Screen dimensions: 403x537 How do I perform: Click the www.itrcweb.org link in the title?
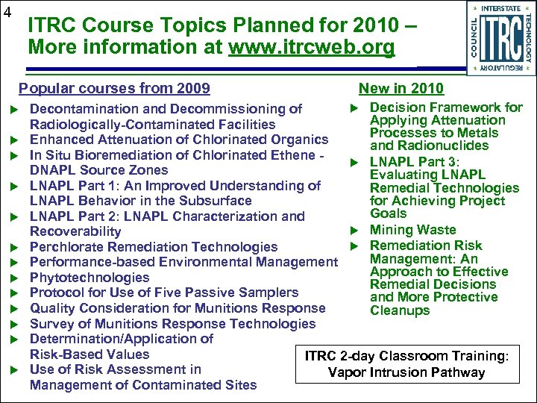point(312,46)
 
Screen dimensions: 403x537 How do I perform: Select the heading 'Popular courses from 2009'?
point(114,89)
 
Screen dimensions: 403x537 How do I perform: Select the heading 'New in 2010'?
point(401,89)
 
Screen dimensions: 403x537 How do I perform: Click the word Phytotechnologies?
point(89,278)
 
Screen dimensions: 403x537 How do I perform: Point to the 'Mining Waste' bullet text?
point(412,230)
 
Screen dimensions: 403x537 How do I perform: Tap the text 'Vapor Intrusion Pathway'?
point(406,372)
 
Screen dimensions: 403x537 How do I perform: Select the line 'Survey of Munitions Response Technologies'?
point(172,324)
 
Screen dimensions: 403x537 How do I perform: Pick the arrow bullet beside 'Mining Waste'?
point(357,231)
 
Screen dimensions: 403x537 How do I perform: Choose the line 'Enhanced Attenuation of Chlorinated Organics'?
point(179,140)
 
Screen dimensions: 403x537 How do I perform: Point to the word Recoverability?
point(75,231)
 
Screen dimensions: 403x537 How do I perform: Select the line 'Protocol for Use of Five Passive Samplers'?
point(164,293)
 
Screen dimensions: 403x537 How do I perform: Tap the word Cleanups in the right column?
point(400,310)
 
